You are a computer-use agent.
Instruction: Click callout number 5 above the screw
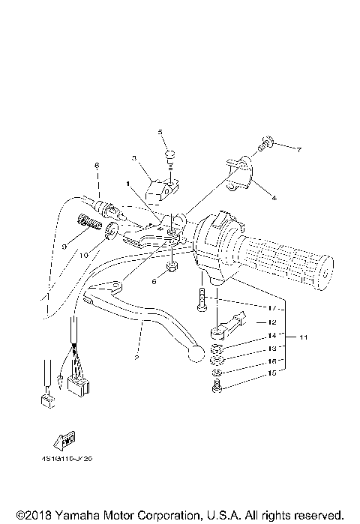160,132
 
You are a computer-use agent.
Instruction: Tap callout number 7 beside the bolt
298,150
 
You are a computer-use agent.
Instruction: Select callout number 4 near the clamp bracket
274,198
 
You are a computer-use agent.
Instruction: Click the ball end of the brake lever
196,352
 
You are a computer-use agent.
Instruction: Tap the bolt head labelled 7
265,140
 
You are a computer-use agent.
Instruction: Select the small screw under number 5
170,155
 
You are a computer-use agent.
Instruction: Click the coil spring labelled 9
89,223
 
